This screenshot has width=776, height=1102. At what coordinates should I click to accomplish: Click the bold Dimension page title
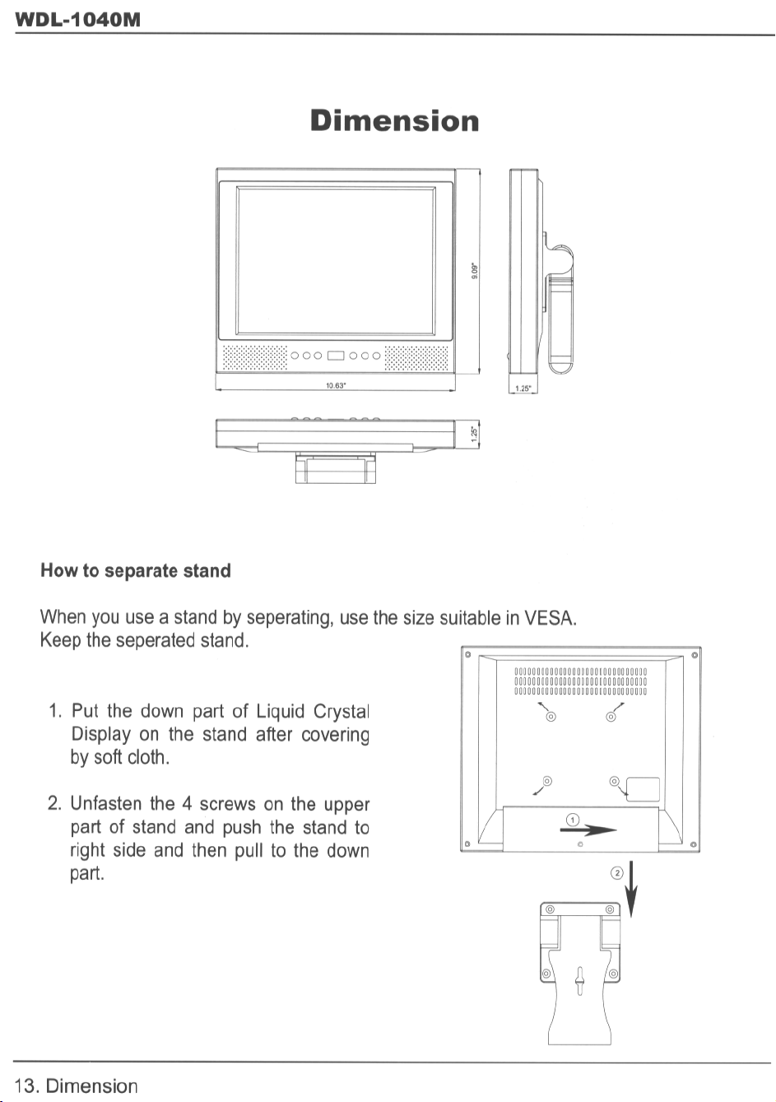[395, 121]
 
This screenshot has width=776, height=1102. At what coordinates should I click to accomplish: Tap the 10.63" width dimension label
[335, 385]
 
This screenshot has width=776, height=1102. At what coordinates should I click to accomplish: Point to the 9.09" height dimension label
[474, 270]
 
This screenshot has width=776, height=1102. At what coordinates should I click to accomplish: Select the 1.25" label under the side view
[523, 388]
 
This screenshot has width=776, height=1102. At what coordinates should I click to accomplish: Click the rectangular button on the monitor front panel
[336, 356]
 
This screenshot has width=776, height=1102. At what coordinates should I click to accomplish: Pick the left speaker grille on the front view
[255, 357]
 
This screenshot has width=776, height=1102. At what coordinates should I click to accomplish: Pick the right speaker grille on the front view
[416, 357]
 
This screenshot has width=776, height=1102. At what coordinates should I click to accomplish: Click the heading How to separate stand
[136, 571]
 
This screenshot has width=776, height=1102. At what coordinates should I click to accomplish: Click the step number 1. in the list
[55, 711]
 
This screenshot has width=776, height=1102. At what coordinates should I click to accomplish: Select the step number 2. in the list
[55, 803]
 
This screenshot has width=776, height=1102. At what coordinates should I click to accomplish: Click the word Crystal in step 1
[342, 711]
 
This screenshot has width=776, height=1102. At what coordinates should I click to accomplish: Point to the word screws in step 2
[227, 803]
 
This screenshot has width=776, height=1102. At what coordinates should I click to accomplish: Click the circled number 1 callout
[573, 819]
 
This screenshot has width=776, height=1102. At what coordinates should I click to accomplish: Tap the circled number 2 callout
[617, 872]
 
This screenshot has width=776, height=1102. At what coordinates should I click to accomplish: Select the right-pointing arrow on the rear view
[589, 830]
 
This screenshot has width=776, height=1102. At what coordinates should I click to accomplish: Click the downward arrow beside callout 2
[631, 890]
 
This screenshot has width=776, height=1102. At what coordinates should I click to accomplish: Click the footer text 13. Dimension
[77, 1086]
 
